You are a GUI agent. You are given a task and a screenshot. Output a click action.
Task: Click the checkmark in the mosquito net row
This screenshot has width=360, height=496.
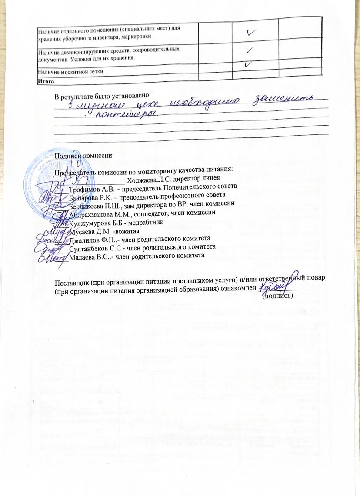249,64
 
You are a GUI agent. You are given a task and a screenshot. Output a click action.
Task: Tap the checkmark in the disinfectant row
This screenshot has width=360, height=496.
250,50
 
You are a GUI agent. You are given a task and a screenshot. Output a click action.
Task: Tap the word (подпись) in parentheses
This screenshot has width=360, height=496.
278,296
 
